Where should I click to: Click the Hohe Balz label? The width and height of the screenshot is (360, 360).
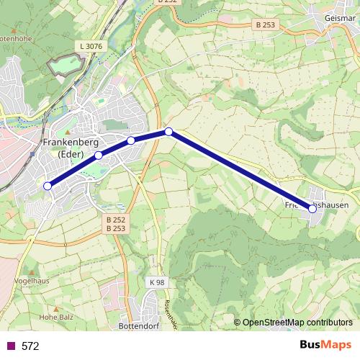coord(53,315)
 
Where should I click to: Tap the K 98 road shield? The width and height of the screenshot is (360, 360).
coord(158,282)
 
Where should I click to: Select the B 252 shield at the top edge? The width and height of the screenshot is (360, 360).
coord(167,3)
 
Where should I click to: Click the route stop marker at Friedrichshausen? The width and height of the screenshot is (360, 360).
coord(312,209)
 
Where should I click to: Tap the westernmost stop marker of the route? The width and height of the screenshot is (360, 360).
coord(48,186)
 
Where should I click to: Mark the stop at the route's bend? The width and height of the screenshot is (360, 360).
coord(168,131)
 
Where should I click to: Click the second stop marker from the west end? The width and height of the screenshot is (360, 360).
coord(99,155)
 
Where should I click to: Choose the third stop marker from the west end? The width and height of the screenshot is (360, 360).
coord(131,140)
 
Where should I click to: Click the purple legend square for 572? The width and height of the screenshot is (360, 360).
coord(10,346)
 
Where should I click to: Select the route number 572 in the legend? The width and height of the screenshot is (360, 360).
coord(30,346)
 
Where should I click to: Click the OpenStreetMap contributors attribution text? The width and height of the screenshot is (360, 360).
coord(297,322)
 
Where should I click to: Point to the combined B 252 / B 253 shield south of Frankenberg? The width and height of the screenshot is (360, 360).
coord(115,223)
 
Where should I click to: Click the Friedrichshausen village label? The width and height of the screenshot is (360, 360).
coord(312,204)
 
